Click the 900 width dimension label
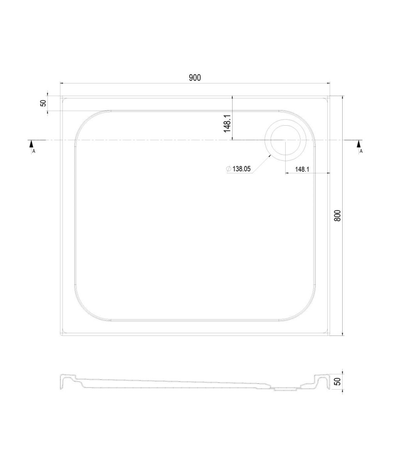[195, 78]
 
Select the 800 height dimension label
[338, 215]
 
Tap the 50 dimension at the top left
[43, 103]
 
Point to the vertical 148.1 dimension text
[227, 124]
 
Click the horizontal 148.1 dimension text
[302, 169]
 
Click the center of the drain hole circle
[285, 140]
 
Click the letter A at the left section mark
[34, 151]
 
